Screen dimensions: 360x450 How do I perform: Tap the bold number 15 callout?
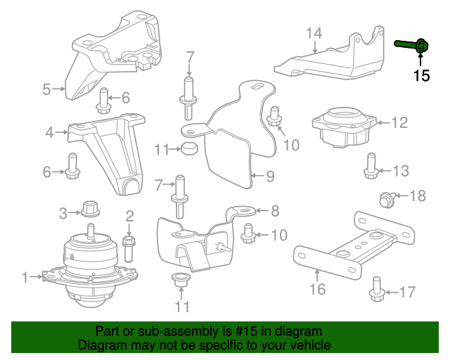(421, 76)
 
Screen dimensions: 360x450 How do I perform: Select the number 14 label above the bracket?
(314, 32)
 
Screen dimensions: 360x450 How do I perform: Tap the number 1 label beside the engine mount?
(26, 278)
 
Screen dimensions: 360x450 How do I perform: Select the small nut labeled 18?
(387, 199)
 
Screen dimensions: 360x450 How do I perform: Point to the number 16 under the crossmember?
(318, 288)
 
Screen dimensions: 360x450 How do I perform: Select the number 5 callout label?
(46, 89)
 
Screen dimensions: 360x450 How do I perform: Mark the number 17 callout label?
(408, 291)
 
